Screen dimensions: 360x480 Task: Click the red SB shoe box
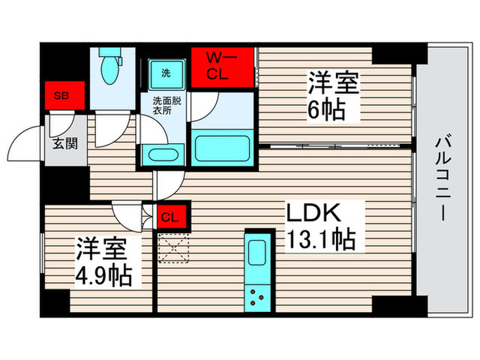click(65, 96)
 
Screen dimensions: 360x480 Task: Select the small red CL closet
click(171, 218)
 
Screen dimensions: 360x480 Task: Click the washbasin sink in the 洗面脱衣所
click(163, 156)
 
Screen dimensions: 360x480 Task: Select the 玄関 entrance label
click(66, 145)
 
